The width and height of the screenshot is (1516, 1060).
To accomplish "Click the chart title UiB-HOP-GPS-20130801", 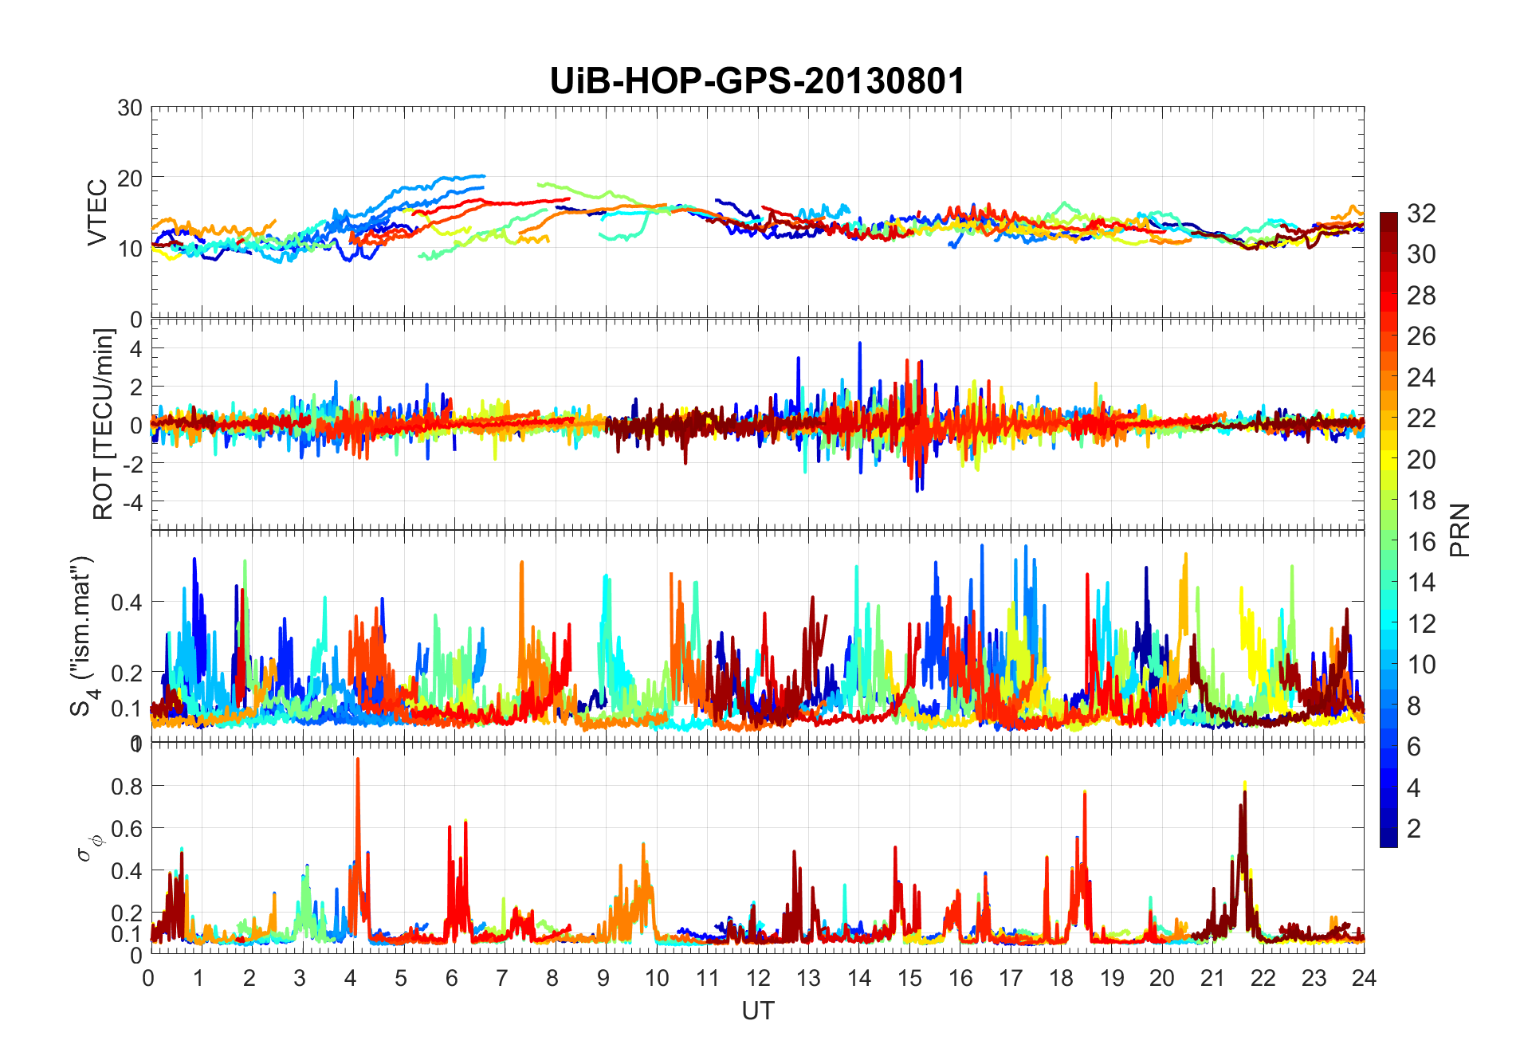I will pyautogui.click(x=757, y=81).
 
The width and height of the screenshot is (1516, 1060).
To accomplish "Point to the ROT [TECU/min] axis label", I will pyautogui.click(x=104, y=424).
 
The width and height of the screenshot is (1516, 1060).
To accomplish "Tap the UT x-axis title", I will pyautogui.click(x=757, y=1011).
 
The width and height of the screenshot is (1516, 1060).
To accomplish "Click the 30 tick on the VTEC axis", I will pyautogui.click(x=130, y=108).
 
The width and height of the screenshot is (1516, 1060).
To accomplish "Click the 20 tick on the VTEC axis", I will pyautogui.click(x=130, y=178).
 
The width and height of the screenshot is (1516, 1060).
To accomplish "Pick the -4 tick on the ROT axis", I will pyautogui.click(x=132, y=502).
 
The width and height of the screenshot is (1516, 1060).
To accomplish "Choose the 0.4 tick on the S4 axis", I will pyautogui.click(x=127, y=602).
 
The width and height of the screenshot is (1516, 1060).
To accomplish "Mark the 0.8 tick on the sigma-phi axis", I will pyautogui.click(x=127, y=786).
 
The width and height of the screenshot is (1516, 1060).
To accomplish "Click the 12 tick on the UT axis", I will pyautogui.click(x=757, y=978).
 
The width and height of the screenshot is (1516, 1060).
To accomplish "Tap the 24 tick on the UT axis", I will pyautogui.click(x=1364, y=978).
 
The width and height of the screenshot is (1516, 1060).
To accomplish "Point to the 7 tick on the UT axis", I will pyautogui.click(x=502, y=978).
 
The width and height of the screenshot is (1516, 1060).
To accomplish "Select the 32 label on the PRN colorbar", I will pyautogui.click(x=1421, y=214).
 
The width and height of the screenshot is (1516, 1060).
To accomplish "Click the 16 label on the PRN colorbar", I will pyautogui.click(x=1421, y=542).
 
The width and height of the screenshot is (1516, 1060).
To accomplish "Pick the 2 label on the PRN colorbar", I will pyautogui.click(x=1414, y=829).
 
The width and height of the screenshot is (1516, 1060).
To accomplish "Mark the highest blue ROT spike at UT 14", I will pyautogui.click(x=859, y=344).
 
